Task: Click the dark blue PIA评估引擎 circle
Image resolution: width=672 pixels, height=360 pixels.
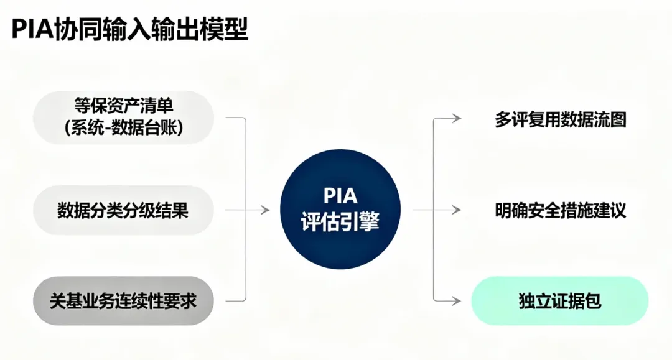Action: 340,210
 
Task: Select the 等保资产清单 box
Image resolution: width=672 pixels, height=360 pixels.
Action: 123,117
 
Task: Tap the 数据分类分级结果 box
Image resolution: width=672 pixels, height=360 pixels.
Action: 123,210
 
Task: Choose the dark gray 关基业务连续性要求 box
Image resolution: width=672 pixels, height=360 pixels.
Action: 123,301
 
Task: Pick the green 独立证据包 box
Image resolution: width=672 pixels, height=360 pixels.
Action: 559,301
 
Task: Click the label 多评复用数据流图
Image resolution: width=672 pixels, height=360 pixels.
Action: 560,119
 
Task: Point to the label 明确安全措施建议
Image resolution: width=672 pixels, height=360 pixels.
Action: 560,210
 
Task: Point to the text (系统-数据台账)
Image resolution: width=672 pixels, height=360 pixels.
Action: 123,129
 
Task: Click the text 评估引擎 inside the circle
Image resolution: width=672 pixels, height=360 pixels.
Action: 340,222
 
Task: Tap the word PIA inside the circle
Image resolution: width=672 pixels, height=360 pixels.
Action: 340,196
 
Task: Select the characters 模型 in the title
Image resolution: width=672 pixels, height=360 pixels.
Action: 228,29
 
